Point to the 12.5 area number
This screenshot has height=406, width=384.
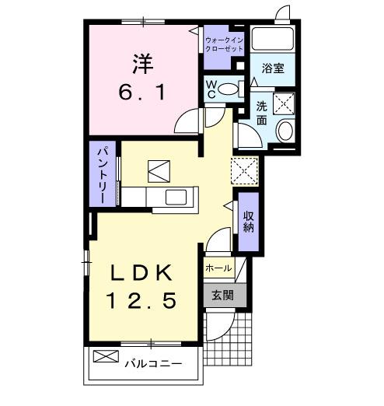142,299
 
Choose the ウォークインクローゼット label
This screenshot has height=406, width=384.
223,44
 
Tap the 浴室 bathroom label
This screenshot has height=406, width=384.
273,68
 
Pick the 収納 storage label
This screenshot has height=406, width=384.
249,222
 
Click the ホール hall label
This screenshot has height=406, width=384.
218,268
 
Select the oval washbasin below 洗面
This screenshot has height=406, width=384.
285,131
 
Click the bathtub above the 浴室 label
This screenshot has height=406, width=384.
273,40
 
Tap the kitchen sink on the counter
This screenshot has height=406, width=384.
176,196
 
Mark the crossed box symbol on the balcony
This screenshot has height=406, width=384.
104,358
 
